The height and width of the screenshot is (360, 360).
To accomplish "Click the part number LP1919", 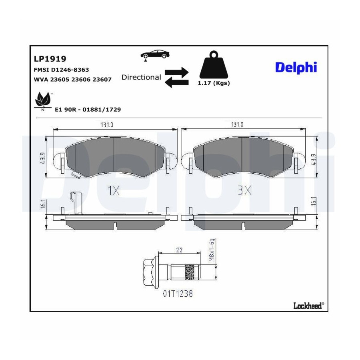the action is [50, 59].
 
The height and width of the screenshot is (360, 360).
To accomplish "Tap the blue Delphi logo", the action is [296, 68].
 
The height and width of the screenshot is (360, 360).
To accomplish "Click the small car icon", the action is [155, 55].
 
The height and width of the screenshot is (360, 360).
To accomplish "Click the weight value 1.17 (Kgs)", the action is [214, 83].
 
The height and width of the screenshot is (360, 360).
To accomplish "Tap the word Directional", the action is [141, 77].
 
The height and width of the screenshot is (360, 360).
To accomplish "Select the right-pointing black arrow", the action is [176, 72].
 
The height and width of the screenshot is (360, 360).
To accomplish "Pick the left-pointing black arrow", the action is [176, 82].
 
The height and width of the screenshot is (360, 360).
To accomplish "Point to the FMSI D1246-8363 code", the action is [61, 70].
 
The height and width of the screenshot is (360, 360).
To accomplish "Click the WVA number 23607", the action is [102, 80].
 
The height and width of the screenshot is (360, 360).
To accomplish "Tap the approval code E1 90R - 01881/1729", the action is [88, 110].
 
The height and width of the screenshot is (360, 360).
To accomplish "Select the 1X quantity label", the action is [114, 190].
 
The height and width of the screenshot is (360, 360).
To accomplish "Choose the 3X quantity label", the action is [244, 190].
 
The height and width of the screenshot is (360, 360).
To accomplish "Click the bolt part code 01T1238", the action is [178, 294].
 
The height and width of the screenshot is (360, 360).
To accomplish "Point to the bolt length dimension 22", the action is [179, 250].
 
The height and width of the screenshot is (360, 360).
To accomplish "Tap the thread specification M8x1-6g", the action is [212, 250].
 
